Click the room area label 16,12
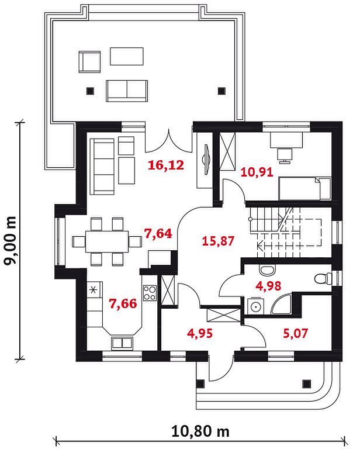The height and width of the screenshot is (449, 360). pos(166,165)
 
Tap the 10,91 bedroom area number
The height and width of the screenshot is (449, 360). pos(257,172)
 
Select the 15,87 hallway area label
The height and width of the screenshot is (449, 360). pos(218,241)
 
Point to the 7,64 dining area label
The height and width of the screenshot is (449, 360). pos(158,234)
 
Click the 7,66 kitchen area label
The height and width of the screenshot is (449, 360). pos(123,304)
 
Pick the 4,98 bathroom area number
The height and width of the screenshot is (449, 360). pos(268,286)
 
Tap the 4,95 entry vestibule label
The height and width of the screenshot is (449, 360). pos(200,333)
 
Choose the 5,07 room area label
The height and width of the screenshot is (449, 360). pos(296,333)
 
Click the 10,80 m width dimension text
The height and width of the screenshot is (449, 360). pos(200,431)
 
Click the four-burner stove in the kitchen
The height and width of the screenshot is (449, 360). pos(150,293)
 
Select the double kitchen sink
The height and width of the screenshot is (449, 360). pos(122,343)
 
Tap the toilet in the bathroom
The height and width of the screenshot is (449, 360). pos(323,279)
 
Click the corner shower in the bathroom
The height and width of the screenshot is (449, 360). pos(281,304)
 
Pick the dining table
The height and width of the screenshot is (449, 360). pos(107,241)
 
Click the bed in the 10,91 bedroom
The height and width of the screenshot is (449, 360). pos(305,188)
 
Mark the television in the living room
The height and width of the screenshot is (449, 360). pos(206,159)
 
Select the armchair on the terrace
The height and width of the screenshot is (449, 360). pos(89,61)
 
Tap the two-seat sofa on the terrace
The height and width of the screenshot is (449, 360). pos(127,91)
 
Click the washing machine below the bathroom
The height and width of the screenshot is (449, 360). pos(254,306)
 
